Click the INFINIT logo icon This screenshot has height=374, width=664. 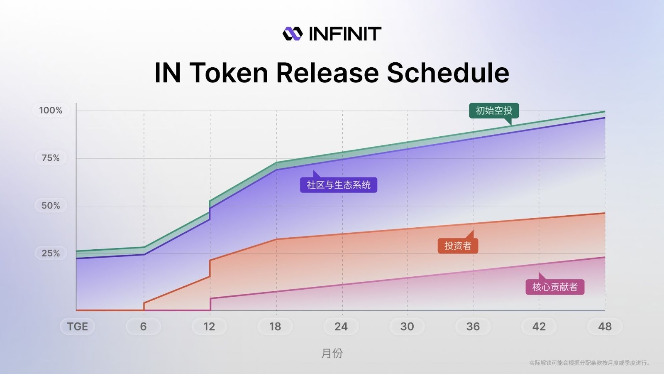(x=293, y=34)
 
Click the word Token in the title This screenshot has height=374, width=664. (x=228, y=73)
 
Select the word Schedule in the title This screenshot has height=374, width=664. (x=448, y=73)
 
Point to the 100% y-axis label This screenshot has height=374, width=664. (x=51, y=111)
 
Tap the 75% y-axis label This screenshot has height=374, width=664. (x=51, y=158)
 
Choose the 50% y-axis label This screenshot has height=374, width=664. (x=51, y=205)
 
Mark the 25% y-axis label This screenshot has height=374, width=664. (x=51, y=253)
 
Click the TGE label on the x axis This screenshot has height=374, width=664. (x=78, y=327)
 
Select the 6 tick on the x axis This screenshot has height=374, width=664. (x=144, y=327)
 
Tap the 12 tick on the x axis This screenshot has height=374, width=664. (x=209, y=327)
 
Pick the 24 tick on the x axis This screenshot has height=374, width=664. (x=341, y=327)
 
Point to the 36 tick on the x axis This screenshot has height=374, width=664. (x=473, y=327)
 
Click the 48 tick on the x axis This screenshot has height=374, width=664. (x=605, y=327)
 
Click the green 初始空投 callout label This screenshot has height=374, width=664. (x=494, y=111)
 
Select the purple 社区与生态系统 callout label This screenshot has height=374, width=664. (x=339, y=185)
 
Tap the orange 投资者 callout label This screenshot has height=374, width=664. (x=458, y=246)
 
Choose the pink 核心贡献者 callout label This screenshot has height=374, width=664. (x=555, y=287)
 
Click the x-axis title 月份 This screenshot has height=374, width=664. (x=332, y=353)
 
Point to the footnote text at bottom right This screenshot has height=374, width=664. (x=589, y=363)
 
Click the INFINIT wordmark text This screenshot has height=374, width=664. (x=345, y=34)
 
